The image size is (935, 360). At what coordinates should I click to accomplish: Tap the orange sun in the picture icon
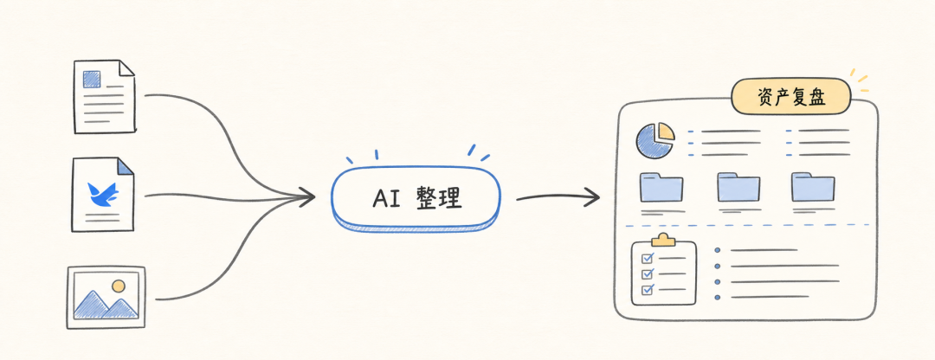(119, 286)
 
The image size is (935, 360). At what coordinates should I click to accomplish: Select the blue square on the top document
(91, 80)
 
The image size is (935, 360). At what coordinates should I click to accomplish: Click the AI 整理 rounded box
(416, 198)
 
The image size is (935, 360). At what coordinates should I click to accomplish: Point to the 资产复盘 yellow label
(790, 97)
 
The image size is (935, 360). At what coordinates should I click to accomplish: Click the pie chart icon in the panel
(654, 141)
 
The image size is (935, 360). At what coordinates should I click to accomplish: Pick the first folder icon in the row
(661, 187)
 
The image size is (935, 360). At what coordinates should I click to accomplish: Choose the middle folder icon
(738, 187)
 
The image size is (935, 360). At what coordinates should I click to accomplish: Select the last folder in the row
(813, 187)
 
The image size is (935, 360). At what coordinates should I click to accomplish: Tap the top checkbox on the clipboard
(648, 259)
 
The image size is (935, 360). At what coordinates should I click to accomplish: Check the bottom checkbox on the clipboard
(648, 290)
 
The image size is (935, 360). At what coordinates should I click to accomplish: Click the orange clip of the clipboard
(663, 240)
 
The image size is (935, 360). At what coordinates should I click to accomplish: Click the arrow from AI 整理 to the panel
(558, 196)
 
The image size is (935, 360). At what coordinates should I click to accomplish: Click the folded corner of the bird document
(126, 166)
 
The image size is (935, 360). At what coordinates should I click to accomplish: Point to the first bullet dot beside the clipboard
(718, 250)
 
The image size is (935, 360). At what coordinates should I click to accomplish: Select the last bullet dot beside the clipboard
(718, 297)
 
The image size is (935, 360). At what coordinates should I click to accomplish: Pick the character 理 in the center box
(450, 198)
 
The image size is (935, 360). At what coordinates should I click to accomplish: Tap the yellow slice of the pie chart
(666, 132)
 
